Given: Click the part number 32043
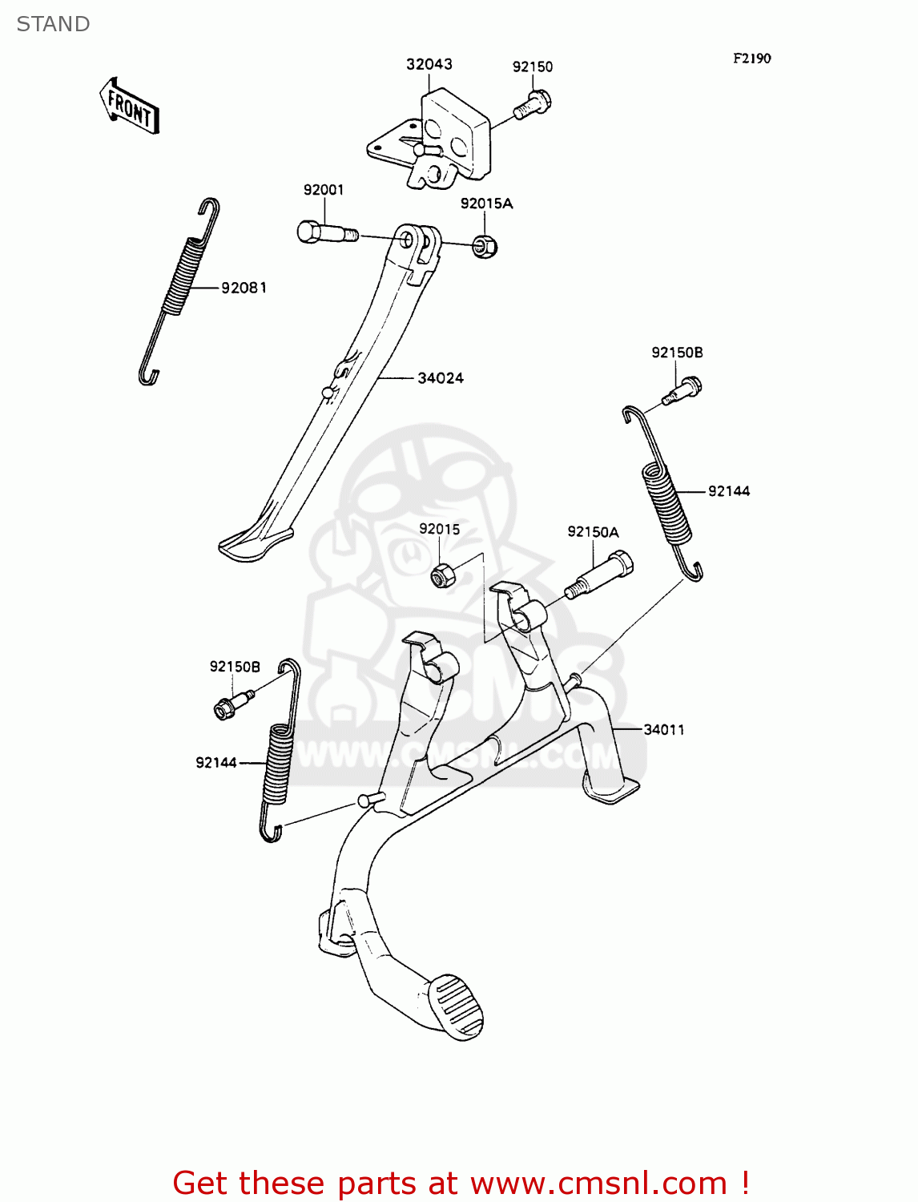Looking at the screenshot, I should click(429, 64).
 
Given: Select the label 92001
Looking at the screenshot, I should click(324, 190).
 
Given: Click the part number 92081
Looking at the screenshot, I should click(244, 288).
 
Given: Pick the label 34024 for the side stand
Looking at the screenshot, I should click(441, 378).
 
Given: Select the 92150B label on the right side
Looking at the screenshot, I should click(677, 353).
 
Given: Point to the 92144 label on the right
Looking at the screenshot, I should click(729, 491).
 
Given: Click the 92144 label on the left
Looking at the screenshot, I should click(216, 762).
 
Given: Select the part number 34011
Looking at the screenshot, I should click(664, 729).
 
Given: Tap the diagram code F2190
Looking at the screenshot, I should click(751, 58).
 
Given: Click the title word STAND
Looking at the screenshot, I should click(53, 24).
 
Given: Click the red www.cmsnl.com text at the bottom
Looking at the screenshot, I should click(598, 1183).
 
